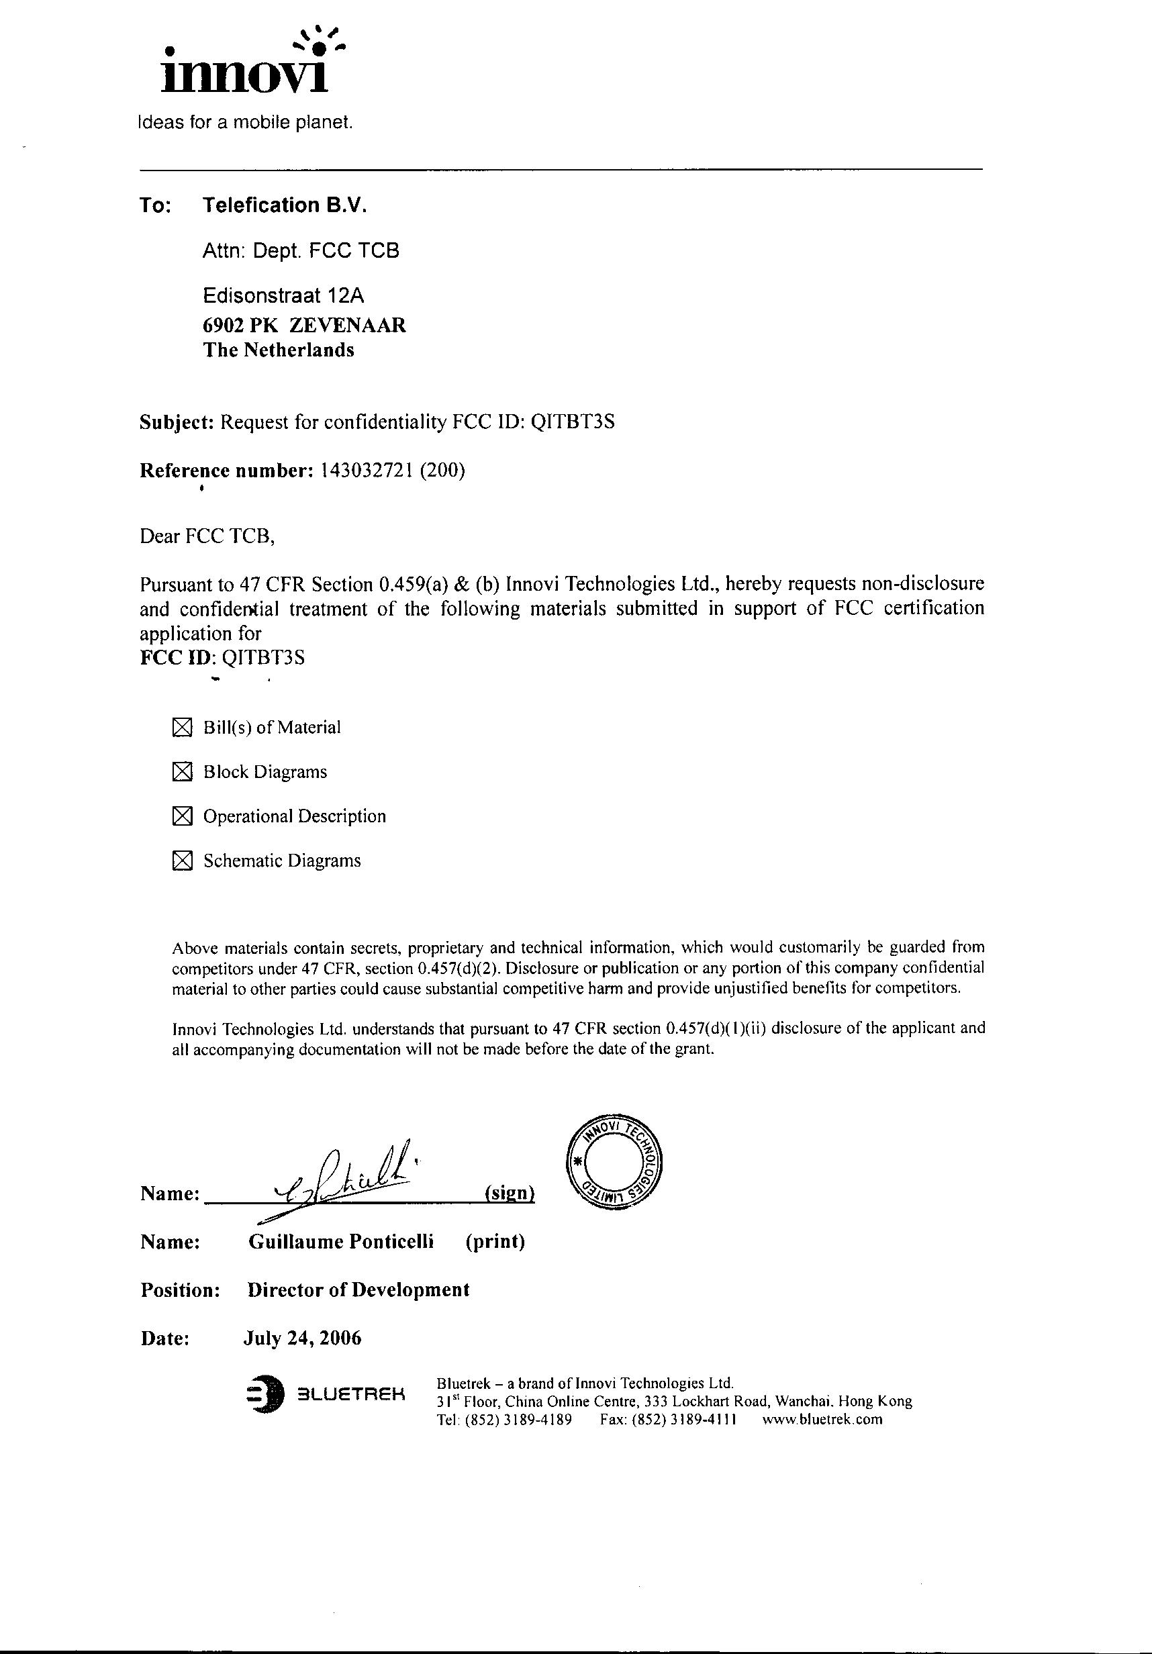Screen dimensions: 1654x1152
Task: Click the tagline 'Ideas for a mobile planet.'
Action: (245, 122)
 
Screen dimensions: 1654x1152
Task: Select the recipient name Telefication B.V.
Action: (285, 205)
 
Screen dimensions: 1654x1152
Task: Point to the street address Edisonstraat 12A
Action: (283, 295)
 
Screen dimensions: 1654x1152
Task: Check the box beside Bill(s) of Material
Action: (183, 728)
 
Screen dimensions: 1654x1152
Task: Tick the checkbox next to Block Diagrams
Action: (183, 772)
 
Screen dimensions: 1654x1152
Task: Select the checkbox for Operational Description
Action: (183, 816)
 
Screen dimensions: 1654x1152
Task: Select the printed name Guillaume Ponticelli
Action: (341, 1241)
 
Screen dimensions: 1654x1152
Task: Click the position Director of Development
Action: (358, 1290)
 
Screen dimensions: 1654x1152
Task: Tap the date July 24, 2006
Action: (302, 1338)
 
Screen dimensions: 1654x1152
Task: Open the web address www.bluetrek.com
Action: (821, 1419)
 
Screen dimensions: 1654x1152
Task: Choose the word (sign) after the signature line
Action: (510, 1193)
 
